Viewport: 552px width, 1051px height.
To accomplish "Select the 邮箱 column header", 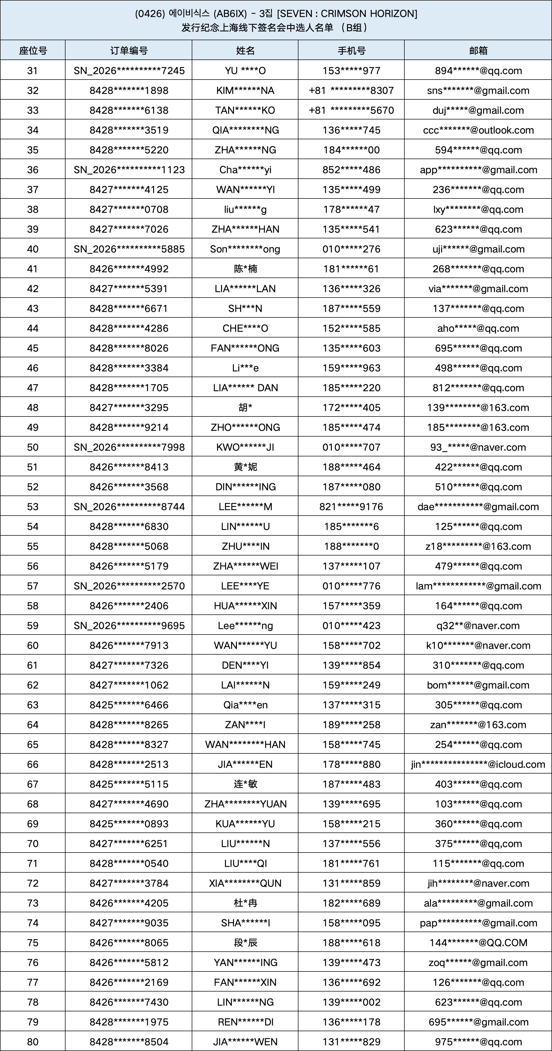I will point(478,50).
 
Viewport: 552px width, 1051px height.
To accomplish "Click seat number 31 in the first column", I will point(32,71).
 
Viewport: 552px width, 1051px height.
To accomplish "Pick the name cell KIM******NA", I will point(245,91).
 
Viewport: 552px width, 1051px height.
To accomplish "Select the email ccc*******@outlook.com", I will point(478,130).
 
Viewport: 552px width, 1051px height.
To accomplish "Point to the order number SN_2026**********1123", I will point(129,170).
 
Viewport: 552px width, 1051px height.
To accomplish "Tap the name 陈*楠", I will point(245,269).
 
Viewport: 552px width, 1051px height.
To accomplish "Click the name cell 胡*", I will point(245,408).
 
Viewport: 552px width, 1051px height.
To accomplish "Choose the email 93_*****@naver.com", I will point(478,447).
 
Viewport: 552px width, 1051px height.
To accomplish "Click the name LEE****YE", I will point(245,586).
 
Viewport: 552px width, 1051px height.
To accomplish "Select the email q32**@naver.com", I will point(478,626).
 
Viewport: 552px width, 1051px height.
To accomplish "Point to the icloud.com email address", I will point(478,764).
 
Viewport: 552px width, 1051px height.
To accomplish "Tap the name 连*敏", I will point(245,784).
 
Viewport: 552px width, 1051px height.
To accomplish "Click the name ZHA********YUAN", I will point(245,804).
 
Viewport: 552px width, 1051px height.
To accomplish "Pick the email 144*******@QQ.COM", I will point(478,942).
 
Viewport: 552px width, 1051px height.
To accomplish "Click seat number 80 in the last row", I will point(32,1041).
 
